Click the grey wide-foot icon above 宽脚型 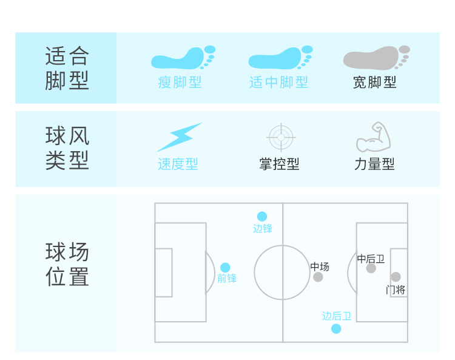click(x=376, y=58)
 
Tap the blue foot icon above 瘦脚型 click(x=183, y=58)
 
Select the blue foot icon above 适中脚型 click(x=280, y=58)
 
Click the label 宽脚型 click(x=374, y=83)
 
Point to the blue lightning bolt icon click(x=179, y=137)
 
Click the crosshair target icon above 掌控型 click(x=280, y=137)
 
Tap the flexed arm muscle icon click(x=373, y=137)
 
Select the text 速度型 click(x=178, y=164)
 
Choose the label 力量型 click(x=374, y=164)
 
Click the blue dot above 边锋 click(x=262, y=216)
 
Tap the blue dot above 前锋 click(x=225, y=268)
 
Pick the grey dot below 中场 click(x=318, y=277)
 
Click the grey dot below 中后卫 click(x=371, y=268)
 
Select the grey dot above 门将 click(x=396, y=277)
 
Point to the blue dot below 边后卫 click(x=336, y=328)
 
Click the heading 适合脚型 click(x=67, y=68)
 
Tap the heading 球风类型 click(x=67, y=148)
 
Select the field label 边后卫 click(x=337, y=316)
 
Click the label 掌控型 click(x=279, y=164)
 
